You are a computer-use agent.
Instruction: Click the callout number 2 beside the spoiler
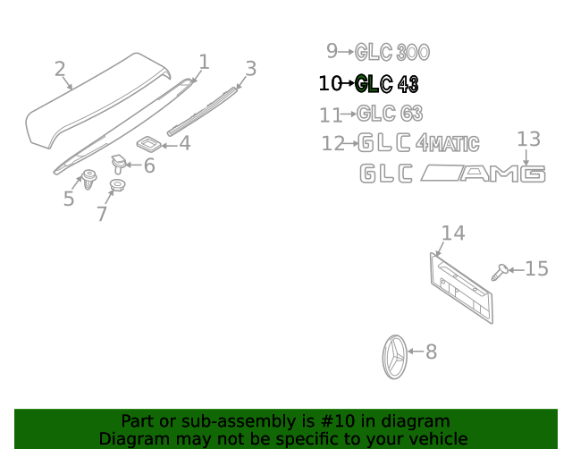[x=60, y=69]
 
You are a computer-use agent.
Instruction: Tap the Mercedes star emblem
[x=394, y=357]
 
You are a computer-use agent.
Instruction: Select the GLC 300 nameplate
[x=392, y=52]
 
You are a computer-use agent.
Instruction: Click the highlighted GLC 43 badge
[x=387, y=84]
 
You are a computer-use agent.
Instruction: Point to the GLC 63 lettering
[x=390, y=114]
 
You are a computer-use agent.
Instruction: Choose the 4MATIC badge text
[x=448, y=143]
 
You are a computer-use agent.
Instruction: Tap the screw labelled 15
[x=500, y=272]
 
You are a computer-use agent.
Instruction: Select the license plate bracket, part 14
[x=461, y=288]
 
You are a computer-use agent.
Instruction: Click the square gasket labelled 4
[x=149, y=143]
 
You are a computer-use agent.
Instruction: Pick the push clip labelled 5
[x=88, y=179]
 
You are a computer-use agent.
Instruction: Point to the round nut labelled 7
[x=117, y=185]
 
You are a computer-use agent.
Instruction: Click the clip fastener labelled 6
[x=118, y=164]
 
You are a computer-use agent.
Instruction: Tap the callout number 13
[x=528, y=140]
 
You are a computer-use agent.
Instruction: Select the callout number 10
[x=330, y=83]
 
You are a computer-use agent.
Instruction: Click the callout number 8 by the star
[x=431, y=352]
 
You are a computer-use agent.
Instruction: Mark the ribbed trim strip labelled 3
[x=202, y=112]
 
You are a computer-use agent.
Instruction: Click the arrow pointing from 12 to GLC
[x=351, y=143]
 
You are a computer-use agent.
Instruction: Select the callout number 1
[x=204, y=62]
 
